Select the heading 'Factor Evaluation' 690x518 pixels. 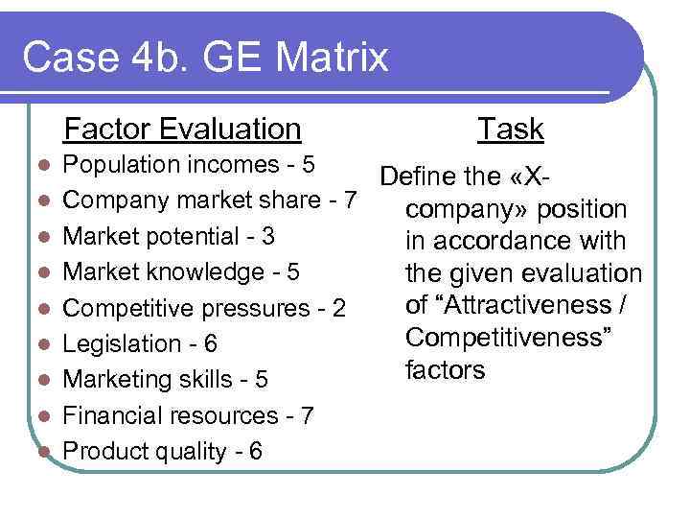[182, 129]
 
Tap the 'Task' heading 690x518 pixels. [511, 129]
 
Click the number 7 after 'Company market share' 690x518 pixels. [351, 200]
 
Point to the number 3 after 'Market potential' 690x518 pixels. [268, 236]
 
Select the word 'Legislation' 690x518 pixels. [120, 344]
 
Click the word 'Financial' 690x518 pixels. [113, 416]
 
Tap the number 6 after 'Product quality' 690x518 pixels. [255, 452]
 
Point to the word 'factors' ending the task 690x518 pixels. [446, 369]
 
